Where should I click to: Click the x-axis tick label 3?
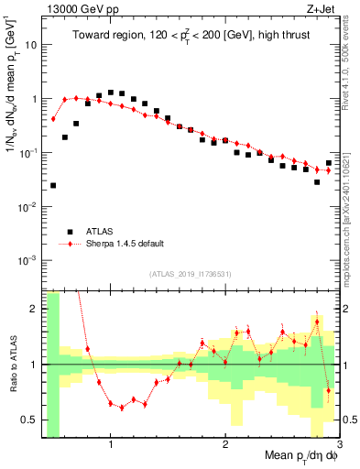(338, 443)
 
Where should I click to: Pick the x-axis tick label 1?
(111, 443)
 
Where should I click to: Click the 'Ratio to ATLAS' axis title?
(11, 365)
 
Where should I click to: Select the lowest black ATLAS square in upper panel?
(53, 185)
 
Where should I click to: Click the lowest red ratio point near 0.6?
(122, 408)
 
